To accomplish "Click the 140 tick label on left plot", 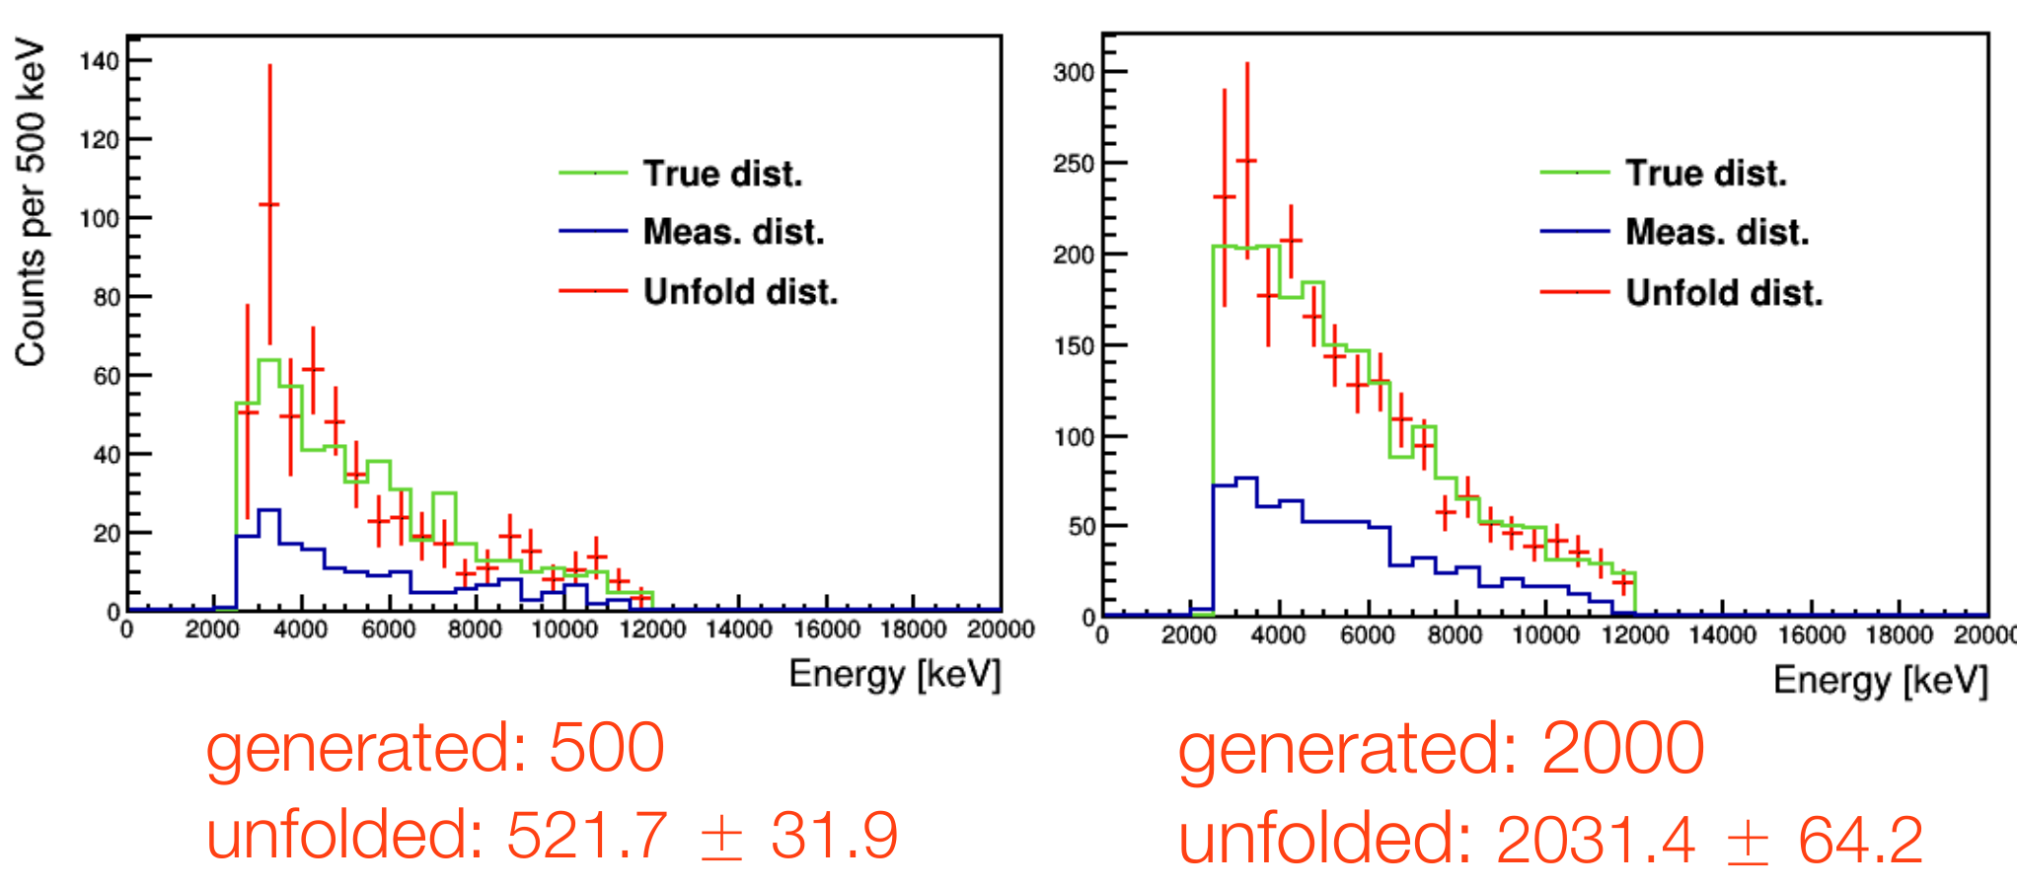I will (x=99, y=61).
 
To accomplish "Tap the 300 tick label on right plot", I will (x=1074, y=72).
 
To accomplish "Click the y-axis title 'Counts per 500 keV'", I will (x=31, y=202).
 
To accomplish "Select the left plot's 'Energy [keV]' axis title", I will (x=894, y=674).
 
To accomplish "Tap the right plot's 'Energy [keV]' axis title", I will (x=1880, y=680).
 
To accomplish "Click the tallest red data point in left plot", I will (x=269, y=204).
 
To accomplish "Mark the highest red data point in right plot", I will (x=1246, y=160).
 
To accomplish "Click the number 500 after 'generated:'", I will (x=606, y=747).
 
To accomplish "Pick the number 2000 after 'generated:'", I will (x=1622, y=749).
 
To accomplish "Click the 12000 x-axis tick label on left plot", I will (x=652, y=629).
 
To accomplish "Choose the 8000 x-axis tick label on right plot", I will (x=1455, y=634).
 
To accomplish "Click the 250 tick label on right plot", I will (x=1074, y=164).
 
